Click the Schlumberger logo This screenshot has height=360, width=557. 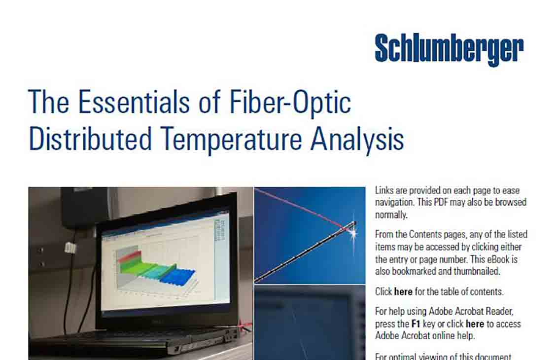pos(449,50)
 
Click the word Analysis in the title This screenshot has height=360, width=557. pos(357,140)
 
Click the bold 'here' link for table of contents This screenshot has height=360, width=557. pos(403,291)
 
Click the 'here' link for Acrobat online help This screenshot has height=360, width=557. pos(475,324)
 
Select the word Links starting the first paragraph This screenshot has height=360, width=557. pos(384,191)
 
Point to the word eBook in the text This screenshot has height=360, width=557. pos(506,259)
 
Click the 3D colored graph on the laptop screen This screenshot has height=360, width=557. pos(153,266)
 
